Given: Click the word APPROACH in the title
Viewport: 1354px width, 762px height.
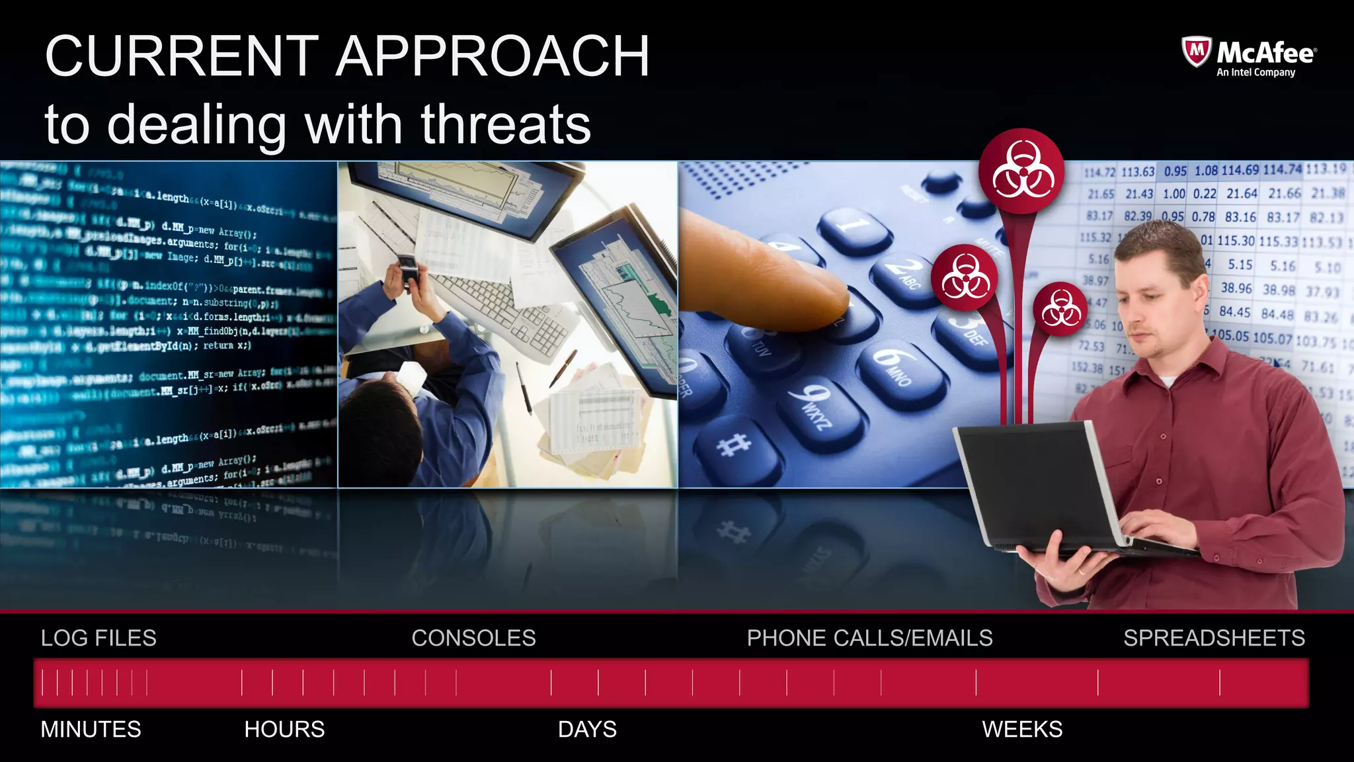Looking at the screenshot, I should tap(493, 57).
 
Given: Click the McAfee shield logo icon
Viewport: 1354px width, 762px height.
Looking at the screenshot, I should tap(1196, 52).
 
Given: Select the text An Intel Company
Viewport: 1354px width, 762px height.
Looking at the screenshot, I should tap(1255, 73).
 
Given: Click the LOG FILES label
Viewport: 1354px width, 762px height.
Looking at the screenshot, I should tap(99, 638).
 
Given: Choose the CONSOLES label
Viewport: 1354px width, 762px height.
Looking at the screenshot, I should tap(473, 638).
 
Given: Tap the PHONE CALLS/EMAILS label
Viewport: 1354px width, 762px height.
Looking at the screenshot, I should tap(869, 638).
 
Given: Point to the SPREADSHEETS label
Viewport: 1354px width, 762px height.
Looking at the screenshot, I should tap(1214, 638).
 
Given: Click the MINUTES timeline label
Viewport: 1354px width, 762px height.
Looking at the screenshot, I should tap(91, 730).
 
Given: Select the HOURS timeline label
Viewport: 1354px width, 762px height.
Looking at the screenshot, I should tap(284, 730).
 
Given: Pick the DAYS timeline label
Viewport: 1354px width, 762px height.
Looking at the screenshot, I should tap(587, 730).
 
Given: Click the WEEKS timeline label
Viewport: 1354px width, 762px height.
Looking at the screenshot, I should tap(1022, 730).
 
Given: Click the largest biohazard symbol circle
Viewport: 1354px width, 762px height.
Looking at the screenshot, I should tap(1021, 171).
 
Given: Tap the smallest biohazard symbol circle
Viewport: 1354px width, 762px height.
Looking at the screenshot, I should tap(1060, 309).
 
